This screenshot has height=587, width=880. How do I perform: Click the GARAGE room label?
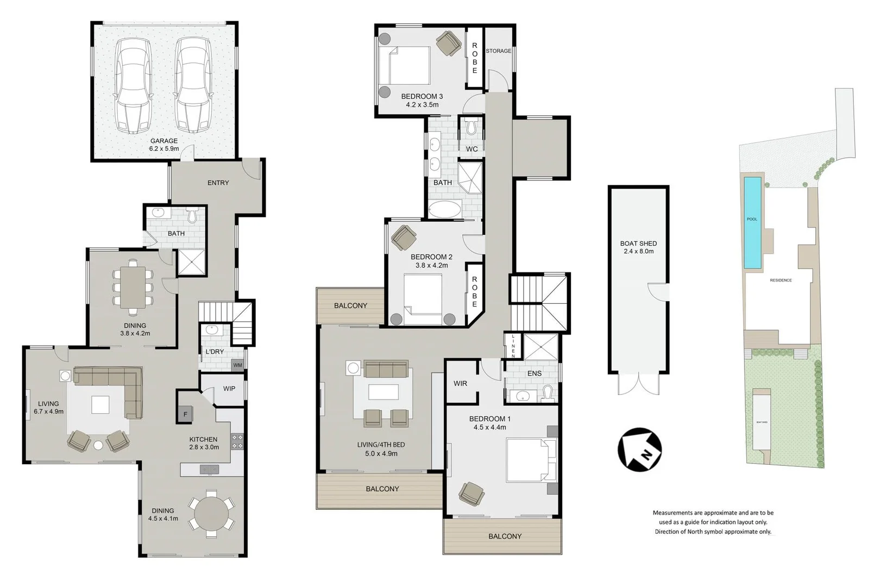164,141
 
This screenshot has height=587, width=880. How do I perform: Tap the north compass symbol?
639,449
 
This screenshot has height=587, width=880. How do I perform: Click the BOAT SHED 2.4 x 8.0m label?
638,247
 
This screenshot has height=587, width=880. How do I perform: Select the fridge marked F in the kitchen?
185,414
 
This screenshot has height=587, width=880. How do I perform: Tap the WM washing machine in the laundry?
237,365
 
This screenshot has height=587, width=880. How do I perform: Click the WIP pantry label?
229,389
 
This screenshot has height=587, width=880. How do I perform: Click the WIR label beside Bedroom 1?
460,383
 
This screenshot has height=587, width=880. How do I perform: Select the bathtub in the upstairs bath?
445,209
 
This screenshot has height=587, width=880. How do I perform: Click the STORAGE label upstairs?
498,51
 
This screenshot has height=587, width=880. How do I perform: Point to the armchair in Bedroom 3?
449,43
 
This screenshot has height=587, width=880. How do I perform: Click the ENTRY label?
218,183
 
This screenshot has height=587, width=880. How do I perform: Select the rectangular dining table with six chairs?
133,287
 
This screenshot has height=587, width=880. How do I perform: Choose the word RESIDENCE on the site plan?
781,280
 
